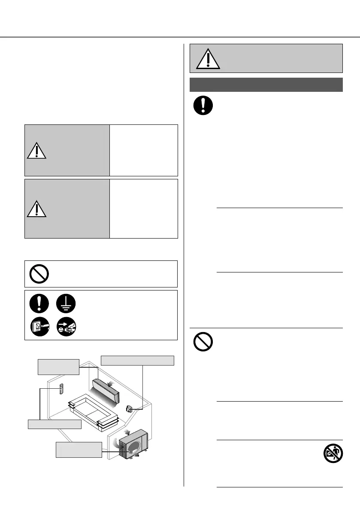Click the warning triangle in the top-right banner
[208, 59]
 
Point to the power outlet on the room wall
[129, 408]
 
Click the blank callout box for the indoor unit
[58, 366]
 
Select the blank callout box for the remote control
[54, 424]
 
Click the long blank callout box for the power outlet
[137, 360]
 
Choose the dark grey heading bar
[266, 85]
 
